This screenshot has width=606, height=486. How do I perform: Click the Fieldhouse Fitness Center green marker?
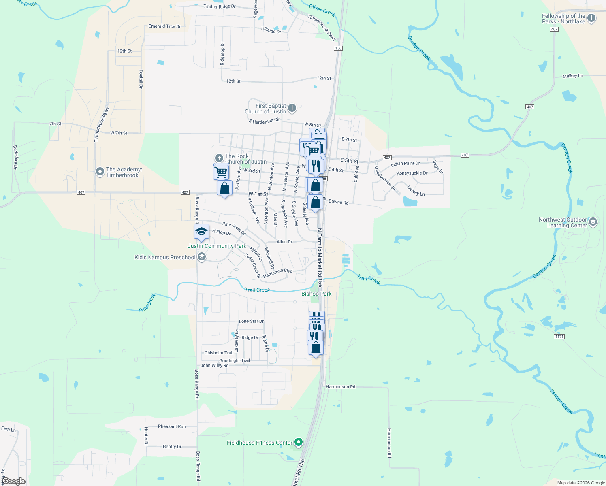pos(299,443)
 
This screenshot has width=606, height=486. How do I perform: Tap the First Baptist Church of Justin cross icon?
pos(292,108)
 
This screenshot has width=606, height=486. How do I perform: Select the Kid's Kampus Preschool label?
pos(165,257)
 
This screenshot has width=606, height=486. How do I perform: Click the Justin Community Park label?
pos(217,246)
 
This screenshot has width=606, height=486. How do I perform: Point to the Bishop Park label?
pos(316,294)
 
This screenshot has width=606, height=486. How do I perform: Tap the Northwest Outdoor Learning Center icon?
pos(593,222)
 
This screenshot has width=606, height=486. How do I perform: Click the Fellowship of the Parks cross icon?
pos(591,18)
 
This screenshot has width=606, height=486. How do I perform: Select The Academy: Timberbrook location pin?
pos(100,172)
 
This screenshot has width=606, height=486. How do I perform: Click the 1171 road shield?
pos(559,337)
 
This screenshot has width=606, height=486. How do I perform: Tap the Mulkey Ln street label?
pos(573,76)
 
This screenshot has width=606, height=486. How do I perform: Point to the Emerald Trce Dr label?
pos(164,26)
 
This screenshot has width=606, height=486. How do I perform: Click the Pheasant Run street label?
pos(172,426)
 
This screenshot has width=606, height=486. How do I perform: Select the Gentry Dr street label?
pos(172,447)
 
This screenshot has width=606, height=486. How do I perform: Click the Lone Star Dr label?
pos(251,321)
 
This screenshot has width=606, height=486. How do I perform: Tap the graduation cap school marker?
pos(201,232)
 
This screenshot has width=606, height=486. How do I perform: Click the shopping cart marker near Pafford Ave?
pos(221,172)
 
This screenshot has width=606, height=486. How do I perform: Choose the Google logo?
pos(13,481)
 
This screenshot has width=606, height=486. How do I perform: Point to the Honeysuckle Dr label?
pos(412,173)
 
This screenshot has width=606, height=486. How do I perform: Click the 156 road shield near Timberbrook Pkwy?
pos(338,48)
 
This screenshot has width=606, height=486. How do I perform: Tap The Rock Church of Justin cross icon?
pos(219,158)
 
